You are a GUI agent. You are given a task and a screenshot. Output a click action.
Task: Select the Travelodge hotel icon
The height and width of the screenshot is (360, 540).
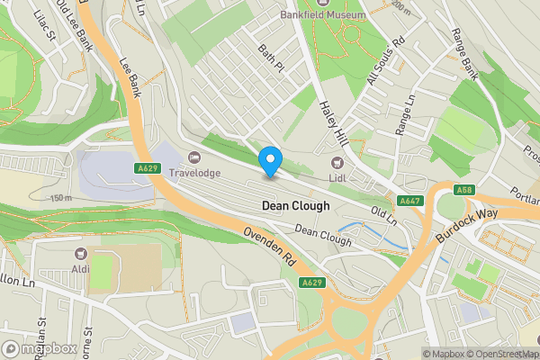[194, 157]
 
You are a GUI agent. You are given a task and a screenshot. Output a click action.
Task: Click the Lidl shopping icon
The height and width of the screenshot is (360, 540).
[337, 163]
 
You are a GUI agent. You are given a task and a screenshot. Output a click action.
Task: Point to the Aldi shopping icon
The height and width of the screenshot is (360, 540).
[81, 254]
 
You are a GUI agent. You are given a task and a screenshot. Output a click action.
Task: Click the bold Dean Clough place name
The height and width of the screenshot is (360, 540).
[295, 205]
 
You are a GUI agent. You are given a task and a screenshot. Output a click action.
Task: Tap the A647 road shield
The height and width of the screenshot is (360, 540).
[409, 201]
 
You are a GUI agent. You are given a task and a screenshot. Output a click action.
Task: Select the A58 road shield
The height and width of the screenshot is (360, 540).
[464, 190]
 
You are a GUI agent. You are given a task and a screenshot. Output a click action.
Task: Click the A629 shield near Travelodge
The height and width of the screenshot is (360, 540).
[148, 167]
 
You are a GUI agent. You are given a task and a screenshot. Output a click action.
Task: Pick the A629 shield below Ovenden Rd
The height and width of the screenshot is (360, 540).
[312, 283]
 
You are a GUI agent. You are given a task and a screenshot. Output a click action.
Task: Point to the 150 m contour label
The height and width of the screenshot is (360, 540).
[61, 198]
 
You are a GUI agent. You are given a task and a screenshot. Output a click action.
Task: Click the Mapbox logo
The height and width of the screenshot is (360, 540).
[38, 349]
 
